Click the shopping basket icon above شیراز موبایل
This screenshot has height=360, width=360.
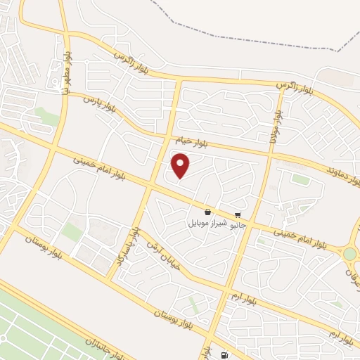[x=207, y=212]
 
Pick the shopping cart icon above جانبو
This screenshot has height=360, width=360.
[x=238, y=214]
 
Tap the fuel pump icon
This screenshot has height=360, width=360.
[x=224, y=356]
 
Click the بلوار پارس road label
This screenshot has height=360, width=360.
[x=99, y=103]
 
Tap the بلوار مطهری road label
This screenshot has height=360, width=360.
[x=66, y=70]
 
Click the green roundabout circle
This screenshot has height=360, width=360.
[x=349, y=253]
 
